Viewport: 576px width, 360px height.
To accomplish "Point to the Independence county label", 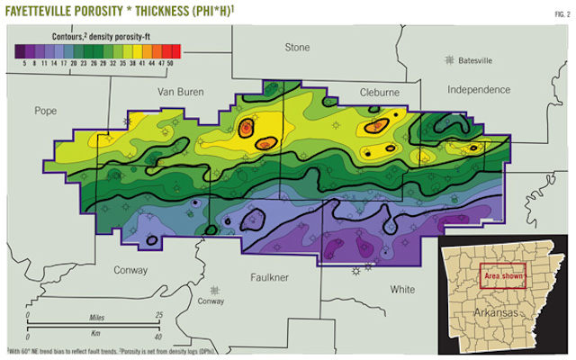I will tap(487, 90).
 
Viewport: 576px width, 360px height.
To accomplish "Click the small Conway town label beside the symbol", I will tap(211, 301).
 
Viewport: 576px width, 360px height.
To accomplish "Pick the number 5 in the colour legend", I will tap(20, 65).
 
